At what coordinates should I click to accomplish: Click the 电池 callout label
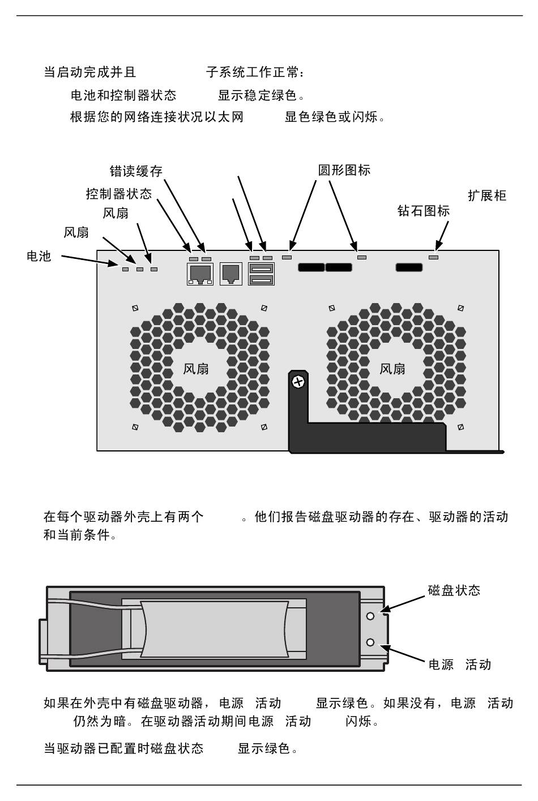39,256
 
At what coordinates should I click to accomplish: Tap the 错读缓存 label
136,171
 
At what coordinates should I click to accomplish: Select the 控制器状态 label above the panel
119,194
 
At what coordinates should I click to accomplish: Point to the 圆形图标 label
344,170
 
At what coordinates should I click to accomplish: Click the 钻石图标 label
424,211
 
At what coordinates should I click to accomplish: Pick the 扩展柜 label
487,196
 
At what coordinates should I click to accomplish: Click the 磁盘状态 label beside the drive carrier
454,591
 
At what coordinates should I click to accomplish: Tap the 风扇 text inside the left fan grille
196,369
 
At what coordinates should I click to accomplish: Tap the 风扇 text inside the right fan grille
392,369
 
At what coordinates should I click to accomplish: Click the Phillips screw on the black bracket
298,382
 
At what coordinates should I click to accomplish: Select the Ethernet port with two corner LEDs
200,274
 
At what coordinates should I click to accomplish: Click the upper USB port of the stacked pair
261,269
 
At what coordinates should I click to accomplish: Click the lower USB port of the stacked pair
261,279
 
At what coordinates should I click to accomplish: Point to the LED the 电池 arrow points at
125,269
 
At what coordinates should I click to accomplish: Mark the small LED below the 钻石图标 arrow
433,257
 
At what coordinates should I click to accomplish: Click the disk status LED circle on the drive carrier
370,616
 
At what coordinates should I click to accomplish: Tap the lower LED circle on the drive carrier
370,642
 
